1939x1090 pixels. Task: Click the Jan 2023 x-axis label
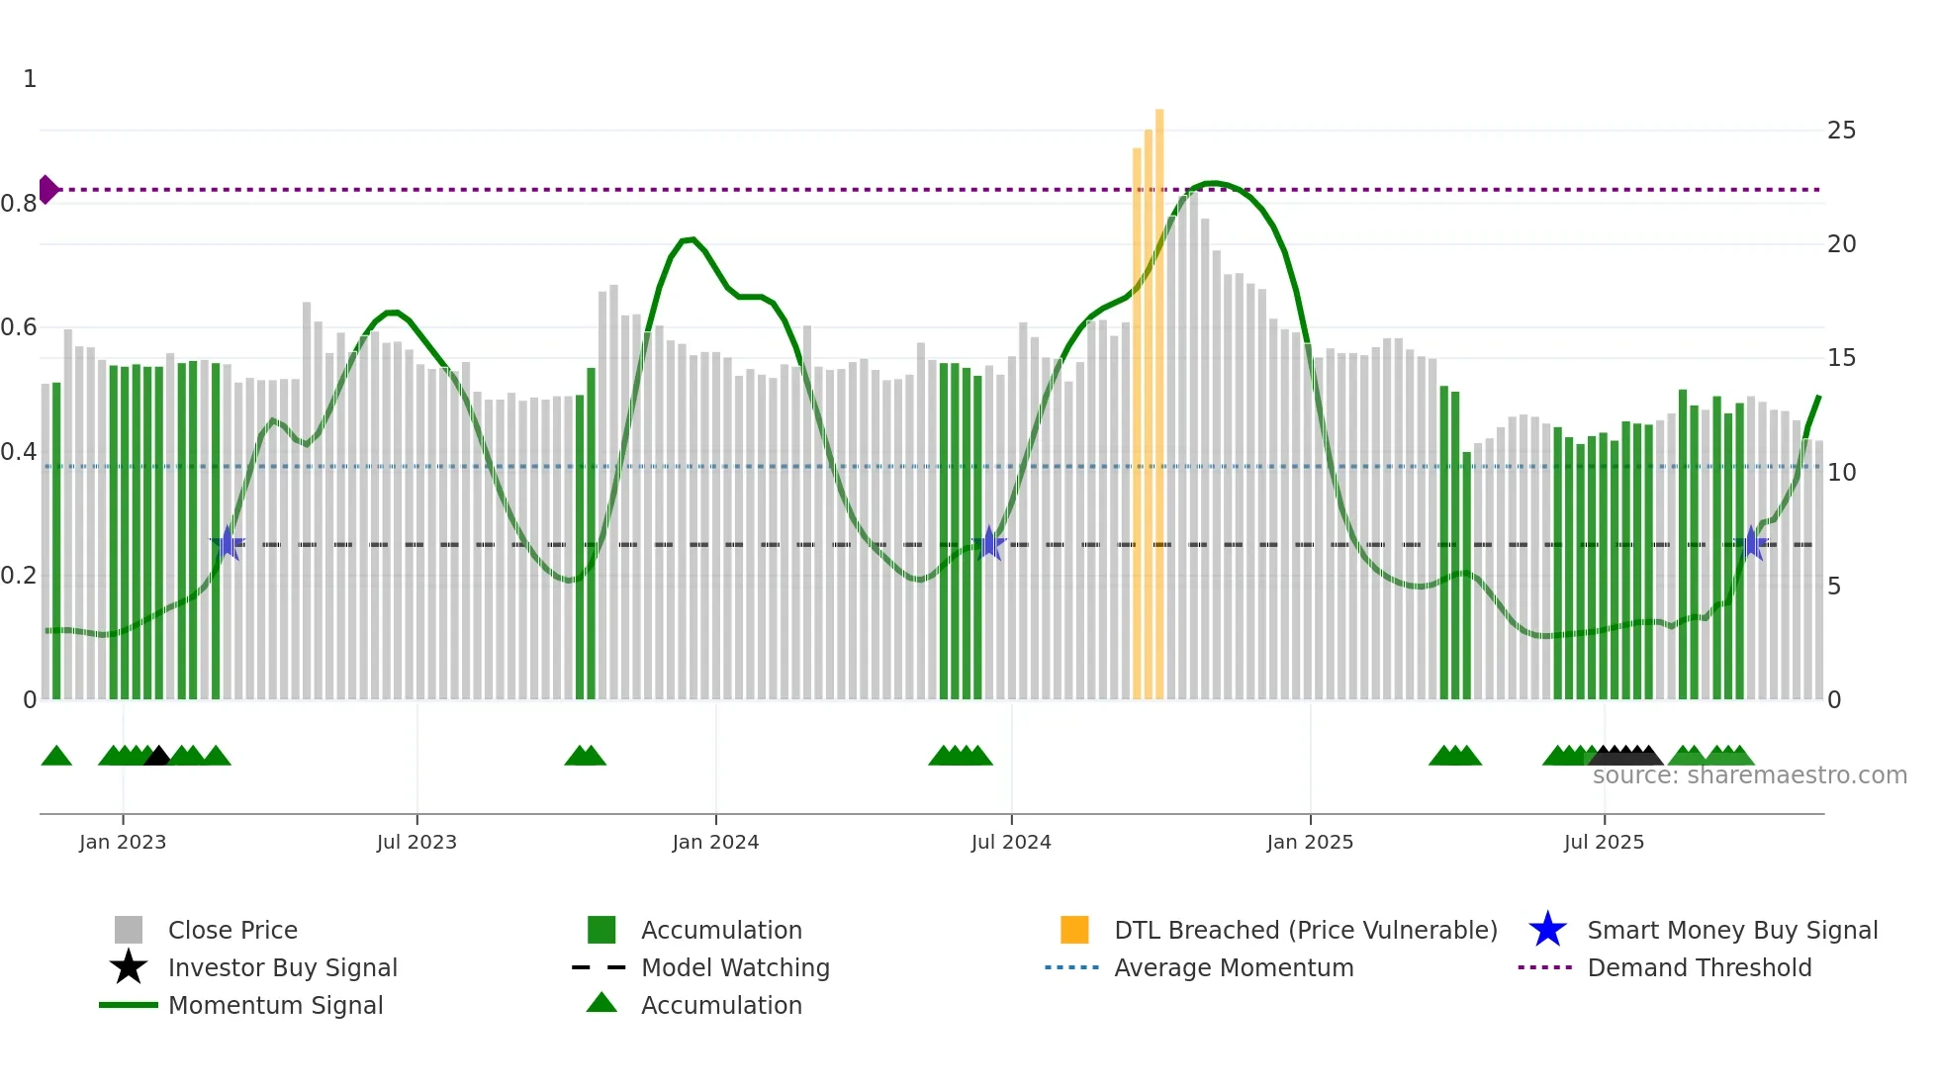click(123, 842)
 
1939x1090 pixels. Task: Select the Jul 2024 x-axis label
click(1011, 842)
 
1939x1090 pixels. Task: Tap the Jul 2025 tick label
click(1604, 842)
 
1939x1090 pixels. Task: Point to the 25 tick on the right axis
click(1841, 131)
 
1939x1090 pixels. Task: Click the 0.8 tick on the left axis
click(19, 204)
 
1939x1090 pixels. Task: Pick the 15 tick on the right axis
click(1841, 358)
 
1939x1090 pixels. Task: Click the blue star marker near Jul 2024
click(988, 543)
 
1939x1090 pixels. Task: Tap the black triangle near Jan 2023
click(157, 757)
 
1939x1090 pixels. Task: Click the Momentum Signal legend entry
click(275, 1005)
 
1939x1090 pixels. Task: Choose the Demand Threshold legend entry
click(1699, 967)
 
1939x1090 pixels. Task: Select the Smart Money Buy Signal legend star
click(1547, 930)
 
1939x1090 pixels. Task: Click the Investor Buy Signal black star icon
click(129, 967)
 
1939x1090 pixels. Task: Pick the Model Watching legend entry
click(735, 967)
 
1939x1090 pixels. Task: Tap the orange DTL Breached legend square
click(1074, 930)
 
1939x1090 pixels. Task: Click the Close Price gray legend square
click(129, 930)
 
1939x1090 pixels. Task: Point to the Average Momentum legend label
click(1234, 967)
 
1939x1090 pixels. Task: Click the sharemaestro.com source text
click(1749, 775)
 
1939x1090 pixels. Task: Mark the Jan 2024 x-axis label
click(715, 842)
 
